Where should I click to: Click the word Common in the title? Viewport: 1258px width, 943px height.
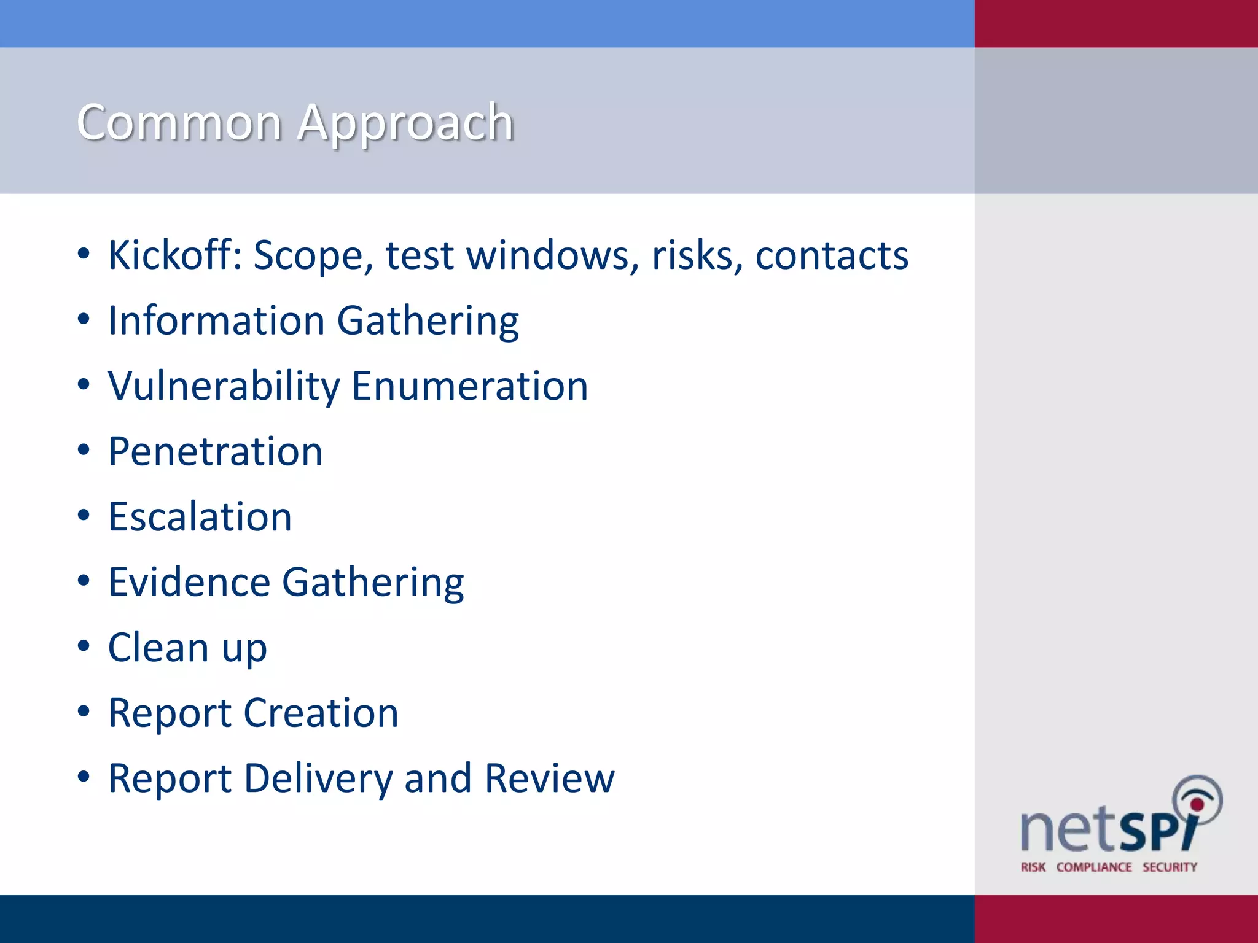click(179, 123)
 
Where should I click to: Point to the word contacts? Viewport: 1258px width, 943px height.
click(831, 256)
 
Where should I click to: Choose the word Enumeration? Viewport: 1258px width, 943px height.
click(470, 387)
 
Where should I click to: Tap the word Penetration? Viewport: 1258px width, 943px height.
click(215, 452)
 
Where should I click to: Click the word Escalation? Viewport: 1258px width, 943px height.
click(200, 517)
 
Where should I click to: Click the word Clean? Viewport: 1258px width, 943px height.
click(158, 648)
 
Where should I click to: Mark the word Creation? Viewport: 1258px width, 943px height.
click(321, 713)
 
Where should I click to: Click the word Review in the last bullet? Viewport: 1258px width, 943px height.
click(549, 778)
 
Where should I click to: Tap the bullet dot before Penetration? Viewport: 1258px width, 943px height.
click(84, 450)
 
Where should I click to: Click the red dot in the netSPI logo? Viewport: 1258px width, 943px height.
click(1197, 805)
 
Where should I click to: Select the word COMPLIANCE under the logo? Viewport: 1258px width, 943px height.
click(1094, 867)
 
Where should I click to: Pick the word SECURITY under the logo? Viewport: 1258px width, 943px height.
click(1170, 867)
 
